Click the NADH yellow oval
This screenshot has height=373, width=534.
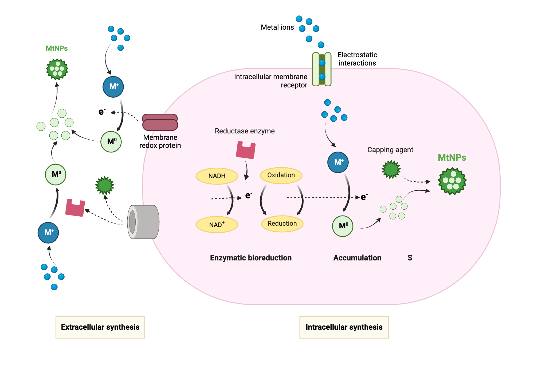(217, 176)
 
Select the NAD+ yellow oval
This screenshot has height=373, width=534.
(217, 225)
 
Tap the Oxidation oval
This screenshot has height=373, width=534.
(281, 175)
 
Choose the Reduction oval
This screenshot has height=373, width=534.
(282, 224)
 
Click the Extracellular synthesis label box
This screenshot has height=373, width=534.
(100, 327)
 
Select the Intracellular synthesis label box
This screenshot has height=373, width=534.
(344, 327)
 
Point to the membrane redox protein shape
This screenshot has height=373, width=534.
(160, 122)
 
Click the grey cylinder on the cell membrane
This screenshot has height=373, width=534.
(144, 222)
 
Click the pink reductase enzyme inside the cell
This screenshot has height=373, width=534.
(246, 151)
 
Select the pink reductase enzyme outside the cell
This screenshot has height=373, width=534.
(75, 208)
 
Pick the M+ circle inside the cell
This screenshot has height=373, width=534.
(338, 162)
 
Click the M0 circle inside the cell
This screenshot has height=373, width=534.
(343, 226)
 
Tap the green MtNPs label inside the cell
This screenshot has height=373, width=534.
(452, 157)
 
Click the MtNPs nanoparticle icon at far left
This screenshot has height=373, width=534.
(57, 69)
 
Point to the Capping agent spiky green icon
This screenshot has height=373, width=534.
(391, 169)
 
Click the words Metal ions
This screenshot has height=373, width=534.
(277, 27)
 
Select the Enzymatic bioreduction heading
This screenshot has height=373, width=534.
(250, 258)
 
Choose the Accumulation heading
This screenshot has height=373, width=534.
(357, 258)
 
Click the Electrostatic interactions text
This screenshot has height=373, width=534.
(357, 59)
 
